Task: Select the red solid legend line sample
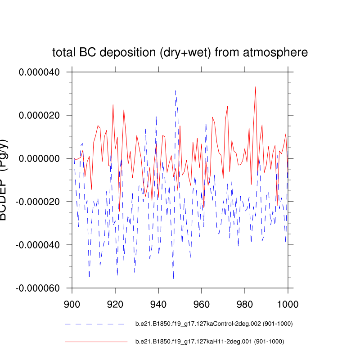tap(96, 342)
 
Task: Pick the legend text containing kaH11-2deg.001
tap(210, 342)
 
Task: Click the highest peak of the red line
tap(256, 87)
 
